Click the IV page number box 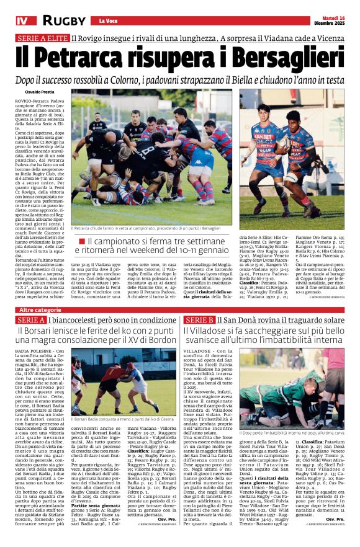tap(24, 21)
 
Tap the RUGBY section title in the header tap(64, 21)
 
